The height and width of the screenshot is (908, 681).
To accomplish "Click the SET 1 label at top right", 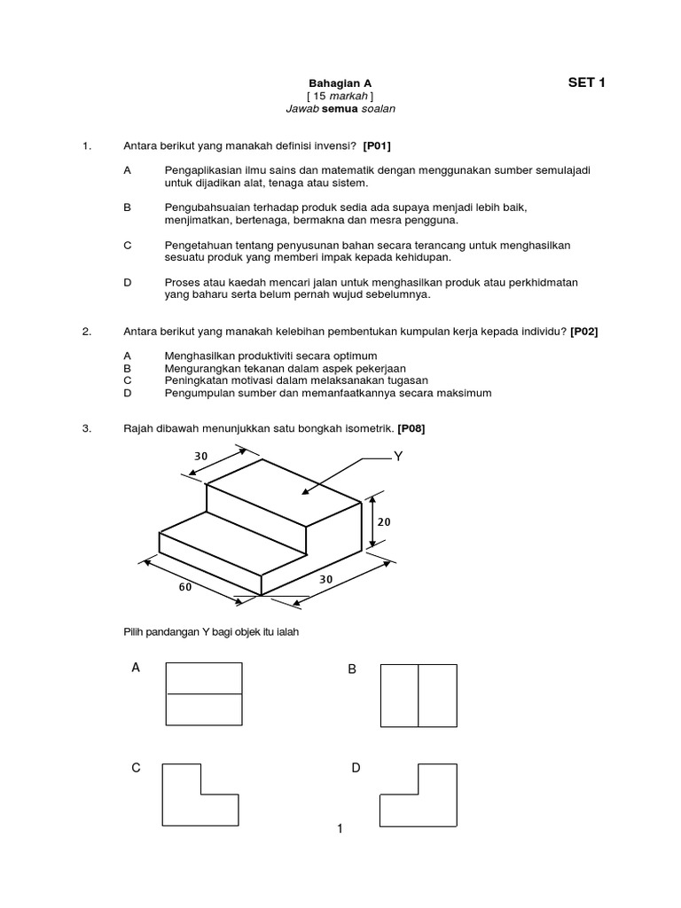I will tap(586, 83).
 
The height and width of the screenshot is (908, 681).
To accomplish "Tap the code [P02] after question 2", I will tap(584, 331).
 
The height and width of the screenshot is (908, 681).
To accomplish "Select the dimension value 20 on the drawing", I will tap(383, 523).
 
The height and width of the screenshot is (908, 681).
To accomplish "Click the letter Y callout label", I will tap(398, 458).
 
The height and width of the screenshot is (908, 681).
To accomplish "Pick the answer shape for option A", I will tap(205, 694).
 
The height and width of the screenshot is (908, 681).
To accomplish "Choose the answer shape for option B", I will tap(418, 694).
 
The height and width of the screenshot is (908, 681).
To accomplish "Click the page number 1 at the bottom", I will tap(340, 829).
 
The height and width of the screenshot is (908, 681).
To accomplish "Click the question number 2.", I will tap(86, 331).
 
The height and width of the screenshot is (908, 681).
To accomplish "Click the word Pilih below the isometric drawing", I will tap(133, 631).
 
